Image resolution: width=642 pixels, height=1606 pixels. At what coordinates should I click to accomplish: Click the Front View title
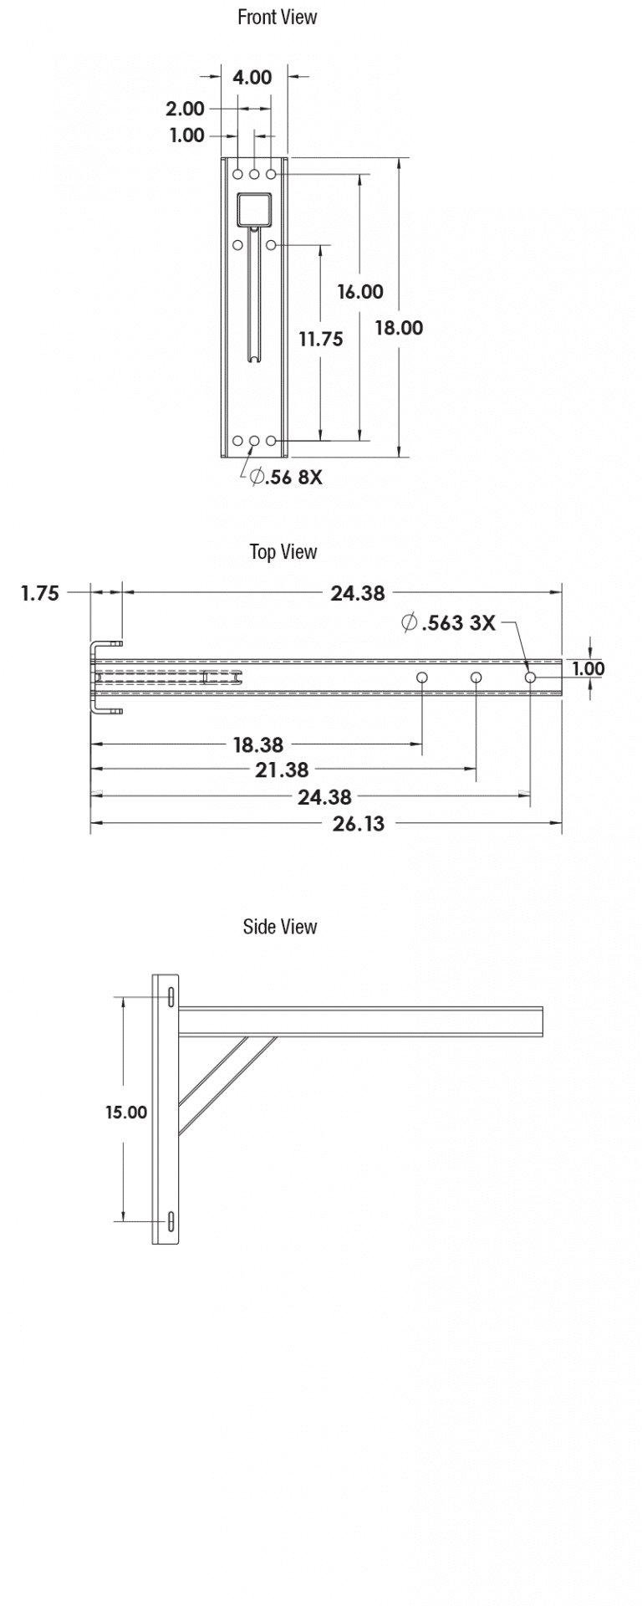[x=277, y=18]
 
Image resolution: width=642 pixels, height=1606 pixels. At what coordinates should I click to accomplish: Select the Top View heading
[x=283, y=552]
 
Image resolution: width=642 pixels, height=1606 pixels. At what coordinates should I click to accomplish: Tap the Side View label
[x=279, y=927]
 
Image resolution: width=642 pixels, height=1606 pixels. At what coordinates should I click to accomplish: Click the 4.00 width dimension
[x=252, y=77]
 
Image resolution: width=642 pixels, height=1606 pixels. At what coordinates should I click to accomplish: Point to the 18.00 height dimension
[x=398, y=328]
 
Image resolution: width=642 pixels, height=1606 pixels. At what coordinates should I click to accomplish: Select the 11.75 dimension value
[x=321, y=339]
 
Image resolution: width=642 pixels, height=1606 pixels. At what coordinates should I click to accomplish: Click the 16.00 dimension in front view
[x=360, y=292]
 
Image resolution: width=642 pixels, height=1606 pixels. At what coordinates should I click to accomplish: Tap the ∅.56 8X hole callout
[x=286, y=478]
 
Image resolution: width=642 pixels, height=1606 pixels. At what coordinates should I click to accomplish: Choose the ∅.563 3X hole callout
[x=448, y=623]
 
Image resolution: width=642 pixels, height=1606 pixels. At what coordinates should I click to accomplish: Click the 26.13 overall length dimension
[x=358, y=824]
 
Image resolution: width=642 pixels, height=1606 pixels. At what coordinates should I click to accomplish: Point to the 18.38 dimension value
[x=257, y=744]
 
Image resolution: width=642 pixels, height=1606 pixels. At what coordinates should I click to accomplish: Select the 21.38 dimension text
[x=282, y=770]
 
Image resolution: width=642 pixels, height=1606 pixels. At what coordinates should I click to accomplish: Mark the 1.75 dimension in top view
[x=40, y=593]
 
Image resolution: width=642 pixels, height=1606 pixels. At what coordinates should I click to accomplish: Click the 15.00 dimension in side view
[x=125, y=1112]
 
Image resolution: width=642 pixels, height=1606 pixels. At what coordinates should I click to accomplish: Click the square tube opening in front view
[x=254, y=210]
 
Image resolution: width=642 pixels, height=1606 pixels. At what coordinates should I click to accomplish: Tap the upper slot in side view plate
[x=171, y=997]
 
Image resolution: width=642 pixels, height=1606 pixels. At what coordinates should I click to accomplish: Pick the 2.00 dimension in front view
[x=185, y=109]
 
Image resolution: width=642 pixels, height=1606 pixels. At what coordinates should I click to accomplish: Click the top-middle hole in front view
[x=254, y=174]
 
